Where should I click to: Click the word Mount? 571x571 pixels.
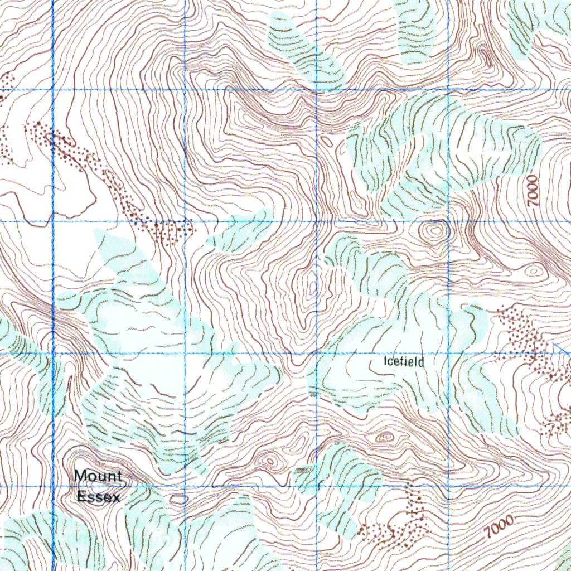98,476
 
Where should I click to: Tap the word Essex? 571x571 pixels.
99,496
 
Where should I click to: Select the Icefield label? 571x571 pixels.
404,362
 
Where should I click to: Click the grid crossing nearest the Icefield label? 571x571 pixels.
448,353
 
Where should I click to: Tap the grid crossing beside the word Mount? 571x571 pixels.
53,486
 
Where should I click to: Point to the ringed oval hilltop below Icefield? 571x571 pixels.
384,437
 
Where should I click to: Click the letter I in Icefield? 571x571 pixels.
385,361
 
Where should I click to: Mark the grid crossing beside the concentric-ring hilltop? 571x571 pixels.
448,221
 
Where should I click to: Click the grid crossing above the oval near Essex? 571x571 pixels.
185,486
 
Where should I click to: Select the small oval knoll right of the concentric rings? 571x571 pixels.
534,271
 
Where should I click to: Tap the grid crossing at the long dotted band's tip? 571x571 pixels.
185,221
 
